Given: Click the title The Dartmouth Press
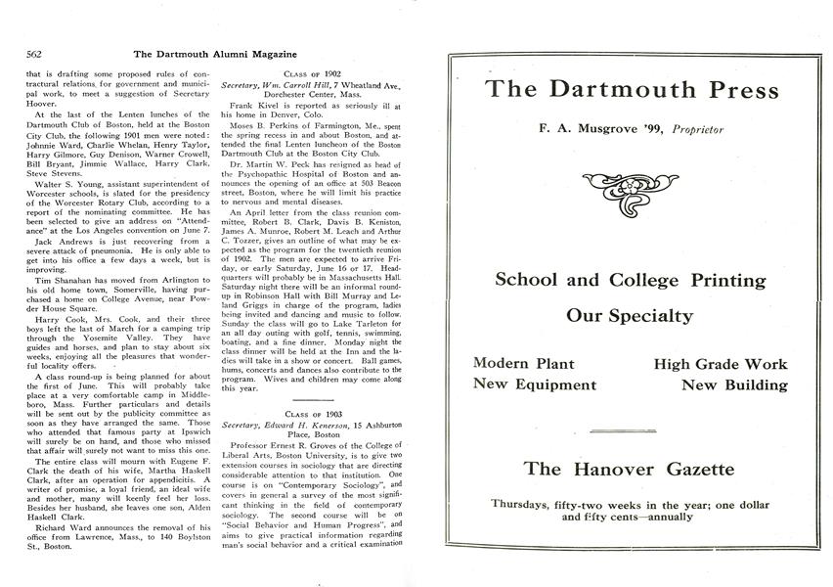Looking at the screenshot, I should pos(633,90).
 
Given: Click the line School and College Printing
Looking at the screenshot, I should pos(631,280).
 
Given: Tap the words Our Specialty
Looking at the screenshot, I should pos(631,316).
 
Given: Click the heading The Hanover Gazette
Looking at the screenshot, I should pos(629,470).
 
